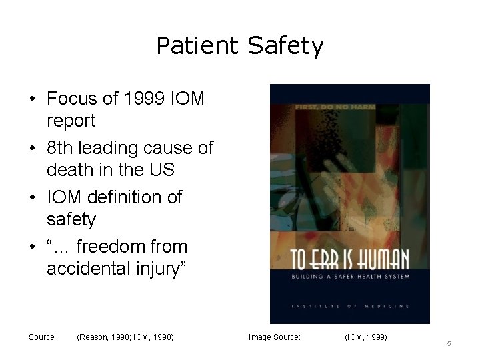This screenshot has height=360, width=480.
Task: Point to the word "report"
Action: pos(71,121)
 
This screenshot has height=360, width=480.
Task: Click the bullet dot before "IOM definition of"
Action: pos(33,198)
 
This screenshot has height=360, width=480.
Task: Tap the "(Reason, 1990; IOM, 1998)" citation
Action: pos(125,337)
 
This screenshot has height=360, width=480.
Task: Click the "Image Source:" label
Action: pos(275,337)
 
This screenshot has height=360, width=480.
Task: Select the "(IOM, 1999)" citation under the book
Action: pos(365,337)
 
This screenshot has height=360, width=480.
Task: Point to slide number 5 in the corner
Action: pos(449,343)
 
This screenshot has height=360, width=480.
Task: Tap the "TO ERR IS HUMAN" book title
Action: pos(349,259)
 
